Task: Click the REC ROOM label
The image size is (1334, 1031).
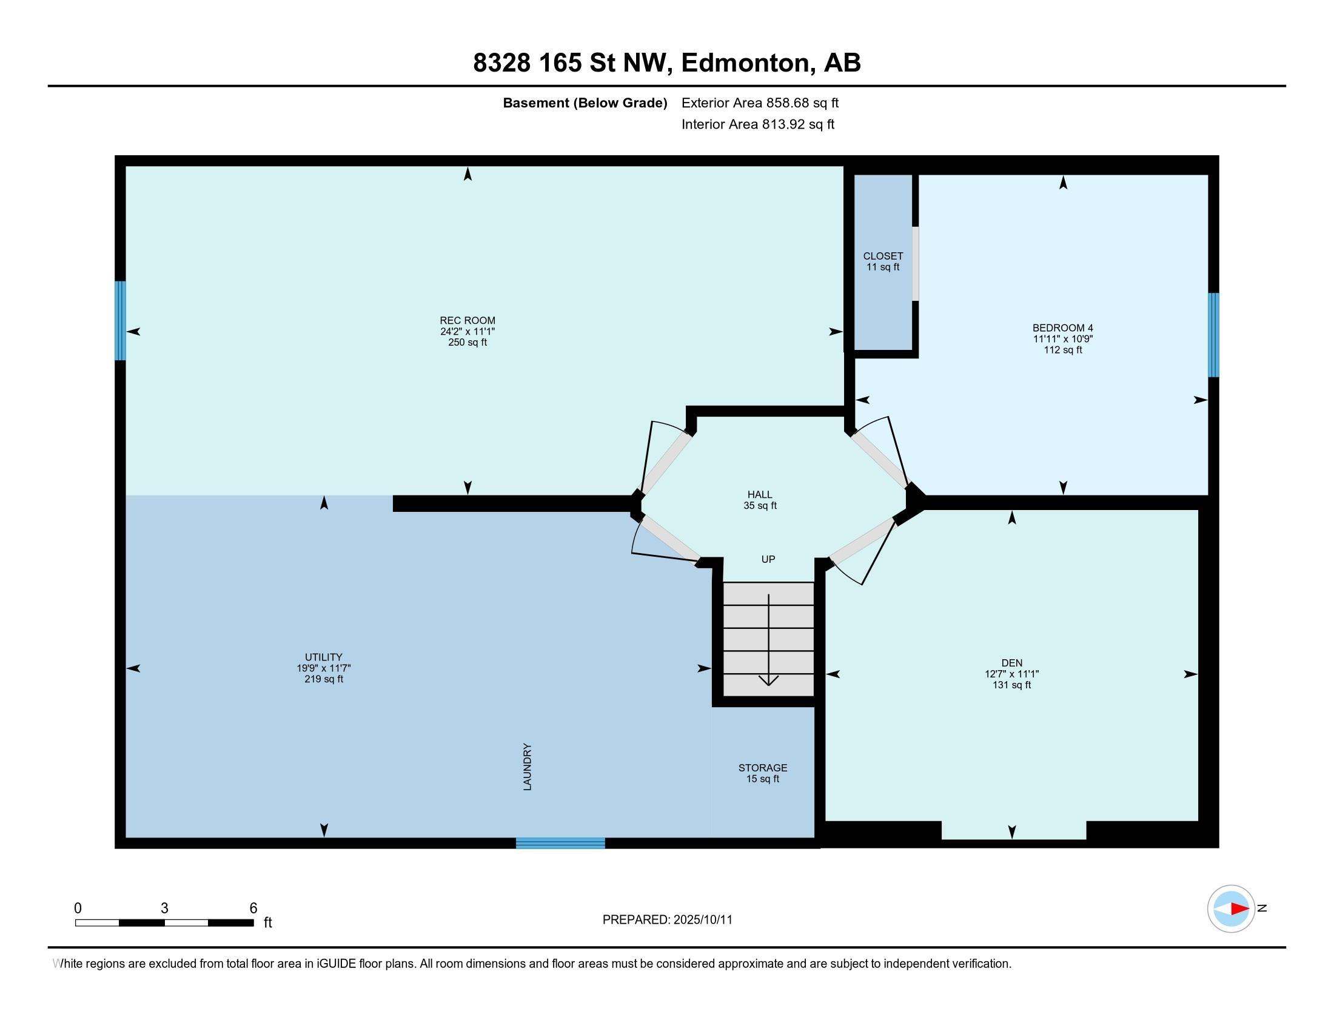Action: [x=468, y=321]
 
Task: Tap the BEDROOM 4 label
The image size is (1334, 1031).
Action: [x=1063, y=328]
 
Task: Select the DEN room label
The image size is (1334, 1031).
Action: [x=1011, y=663]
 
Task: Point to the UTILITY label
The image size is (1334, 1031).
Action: [x=324, y=657]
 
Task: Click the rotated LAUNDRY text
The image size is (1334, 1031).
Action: [x=528, y=767]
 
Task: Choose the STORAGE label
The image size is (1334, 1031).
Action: [x=763, y=768]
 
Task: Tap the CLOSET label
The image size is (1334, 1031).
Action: [x=883, y=256]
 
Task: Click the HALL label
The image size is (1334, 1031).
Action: [x=760, y=494]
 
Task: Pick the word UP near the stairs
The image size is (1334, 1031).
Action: [x=768, y=559]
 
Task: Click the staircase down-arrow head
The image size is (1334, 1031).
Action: [x=768, y=680]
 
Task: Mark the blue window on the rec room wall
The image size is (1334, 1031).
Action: [x=120, y=321]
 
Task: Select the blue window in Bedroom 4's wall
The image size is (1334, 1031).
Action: [x=1213, y=335]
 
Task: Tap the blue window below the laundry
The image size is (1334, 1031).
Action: [x=560, y=843]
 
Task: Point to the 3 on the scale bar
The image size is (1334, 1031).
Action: [x=164, y=908]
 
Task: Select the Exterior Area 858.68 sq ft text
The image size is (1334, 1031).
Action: [x=760, y=102]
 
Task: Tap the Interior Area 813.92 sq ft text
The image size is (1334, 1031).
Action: [x=758, y=124]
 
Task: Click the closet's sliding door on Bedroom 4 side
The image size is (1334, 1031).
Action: [x=915, y=264]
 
